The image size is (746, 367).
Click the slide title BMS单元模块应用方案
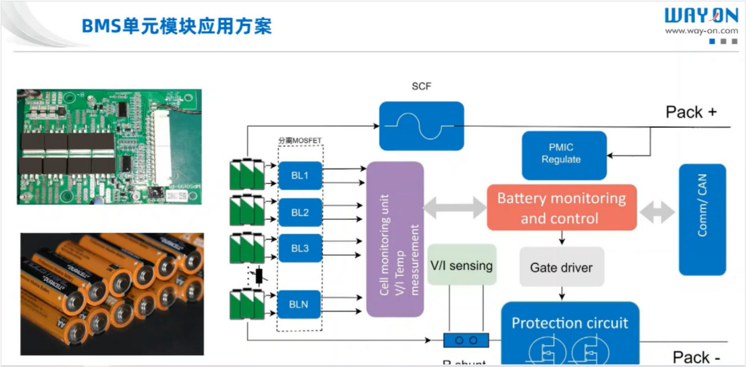pyautogui.click(x=177, y=26)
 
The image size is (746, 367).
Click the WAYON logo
pyautogui.click(x=701, y=15)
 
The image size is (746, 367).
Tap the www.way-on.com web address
pyautogui.click(x=701, y=31)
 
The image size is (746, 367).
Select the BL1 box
pyautogui.click(x=300, y=176)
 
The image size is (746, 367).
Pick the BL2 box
pyautogui.click(x=300, y=213)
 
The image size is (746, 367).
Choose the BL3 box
pyautogui.click(x=300, y=248)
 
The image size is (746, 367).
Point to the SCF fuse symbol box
pyautogui.click(x=421, y=126)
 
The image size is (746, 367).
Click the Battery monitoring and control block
pyautogui.click(x=561, y=208)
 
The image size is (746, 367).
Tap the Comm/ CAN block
pyautogui.click(x=702, y=220)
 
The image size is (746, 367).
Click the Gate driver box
pyautogui.click(x=561, y=267)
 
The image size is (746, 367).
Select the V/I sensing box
pyautogui.click(x=462, y=265)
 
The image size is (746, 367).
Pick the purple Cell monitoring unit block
pyautogui.click(x=395, y=239)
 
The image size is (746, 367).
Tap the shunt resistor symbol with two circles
pyautogui.click(x=466, y=341)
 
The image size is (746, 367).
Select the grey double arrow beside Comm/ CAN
pyautogui.click(x=657, y=213)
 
